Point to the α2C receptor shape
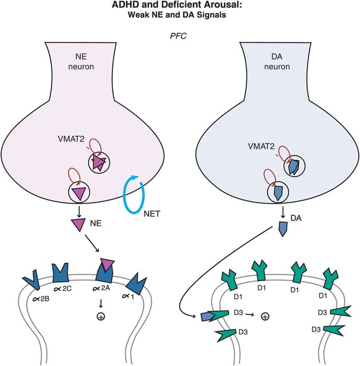(x=61, y=272)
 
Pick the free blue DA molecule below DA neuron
(x=283, y=229)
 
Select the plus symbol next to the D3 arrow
(x=264, y=316)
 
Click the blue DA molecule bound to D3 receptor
(x=207, y=317)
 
